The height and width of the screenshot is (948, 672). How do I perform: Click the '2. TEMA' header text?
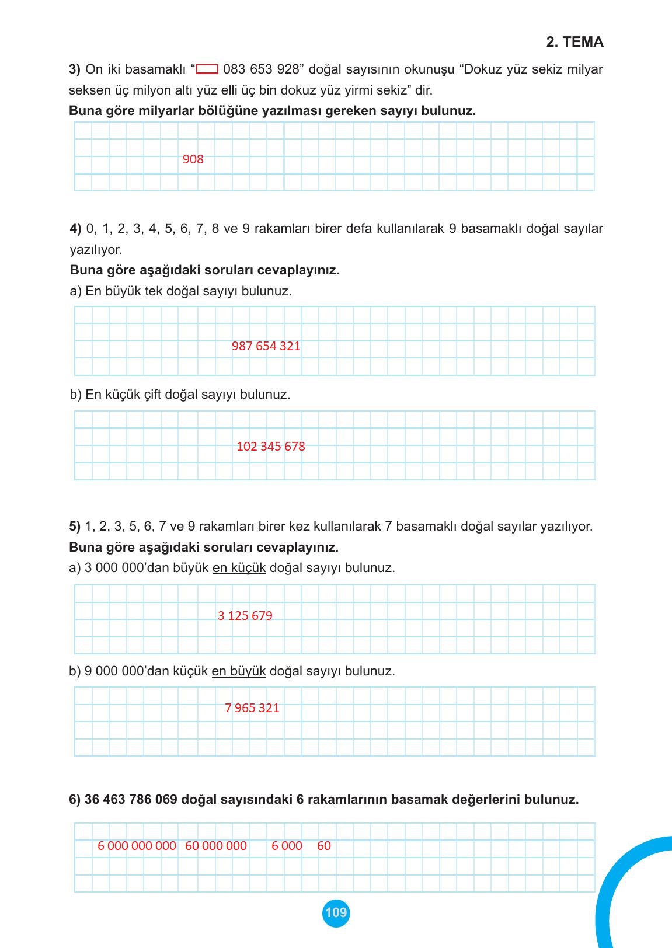[x=574, y=42]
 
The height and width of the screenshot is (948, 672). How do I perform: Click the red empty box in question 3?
[x=207, y=70]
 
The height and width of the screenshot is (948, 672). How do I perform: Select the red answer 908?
[x=193, y=159]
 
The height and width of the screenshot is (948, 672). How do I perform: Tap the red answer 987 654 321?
[x=266, y=346]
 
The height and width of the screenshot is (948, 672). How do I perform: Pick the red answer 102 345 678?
[x=270, y=447]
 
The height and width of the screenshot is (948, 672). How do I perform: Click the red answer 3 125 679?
[x=245, y=616]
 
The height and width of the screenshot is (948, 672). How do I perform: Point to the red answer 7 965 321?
[x=252, y=708]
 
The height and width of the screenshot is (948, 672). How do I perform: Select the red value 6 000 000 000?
[x=137, y=846]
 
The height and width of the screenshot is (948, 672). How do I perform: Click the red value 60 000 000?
[x=215, y=846]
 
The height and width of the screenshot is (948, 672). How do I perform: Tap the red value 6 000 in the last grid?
[x=287, y=846]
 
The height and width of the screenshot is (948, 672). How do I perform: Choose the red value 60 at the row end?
[x=324, y=846]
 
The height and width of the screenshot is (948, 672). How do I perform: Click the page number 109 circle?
[x=336, y=912]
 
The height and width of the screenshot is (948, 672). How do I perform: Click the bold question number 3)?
[x=75, y=69]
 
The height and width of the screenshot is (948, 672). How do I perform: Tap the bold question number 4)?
[x=76, y=229]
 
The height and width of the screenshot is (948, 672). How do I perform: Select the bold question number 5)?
[x=75, y=527]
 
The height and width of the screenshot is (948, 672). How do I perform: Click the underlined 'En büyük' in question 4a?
[x=113, y=291]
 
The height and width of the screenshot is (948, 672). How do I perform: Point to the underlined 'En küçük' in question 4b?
[x=113, y=395]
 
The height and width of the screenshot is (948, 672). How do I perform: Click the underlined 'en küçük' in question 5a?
[x=239, y=568]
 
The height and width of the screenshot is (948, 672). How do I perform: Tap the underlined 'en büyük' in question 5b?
[x=238, y=671]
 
